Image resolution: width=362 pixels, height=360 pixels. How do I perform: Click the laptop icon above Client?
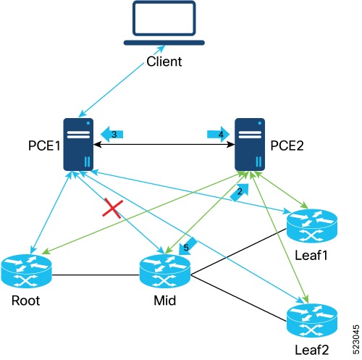pos(164,23)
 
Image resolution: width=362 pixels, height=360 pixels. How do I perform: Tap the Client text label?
pos(164,62)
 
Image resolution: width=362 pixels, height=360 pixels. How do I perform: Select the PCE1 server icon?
pos(78,144)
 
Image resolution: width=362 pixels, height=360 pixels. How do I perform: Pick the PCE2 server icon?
pos(250,144)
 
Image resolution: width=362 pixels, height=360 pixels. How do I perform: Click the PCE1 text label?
pos(44,146)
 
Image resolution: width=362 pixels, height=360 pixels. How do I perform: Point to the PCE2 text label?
pos(287,146)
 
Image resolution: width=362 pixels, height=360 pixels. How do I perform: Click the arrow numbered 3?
pos(111,134)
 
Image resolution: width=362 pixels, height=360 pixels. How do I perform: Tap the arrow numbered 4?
pos(219,134)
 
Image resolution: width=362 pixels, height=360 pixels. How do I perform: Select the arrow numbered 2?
pos(240,192)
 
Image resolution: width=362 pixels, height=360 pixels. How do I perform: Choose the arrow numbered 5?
pos(188,246)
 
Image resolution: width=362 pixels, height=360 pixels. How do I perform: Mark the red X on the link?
pos(113,208)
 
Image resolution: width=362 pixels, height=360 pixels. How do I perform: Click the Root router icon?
pos(27,271)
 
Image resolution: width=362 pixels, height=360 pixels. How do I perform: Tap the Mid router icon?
pos(165,271)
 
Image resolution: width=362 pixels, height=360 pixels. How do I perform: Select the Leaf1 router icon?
pos(312,226)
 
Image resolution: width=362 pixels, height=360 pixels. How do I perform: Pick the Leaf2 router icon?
pos(312,320)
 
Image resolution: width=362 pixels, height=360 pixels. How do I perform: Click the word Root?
pos(25,301)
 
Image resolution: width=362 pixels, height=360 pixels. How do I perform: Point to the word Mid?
pos(165,301)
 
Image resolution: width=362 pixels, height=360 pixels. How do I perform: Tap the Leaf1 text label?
pos(311,255)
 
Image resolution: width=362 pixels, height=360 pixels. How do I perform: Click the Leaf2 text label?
pos(312,350)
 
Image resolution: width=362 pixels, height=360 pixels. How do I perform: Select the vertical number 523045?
pos(356,339)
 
